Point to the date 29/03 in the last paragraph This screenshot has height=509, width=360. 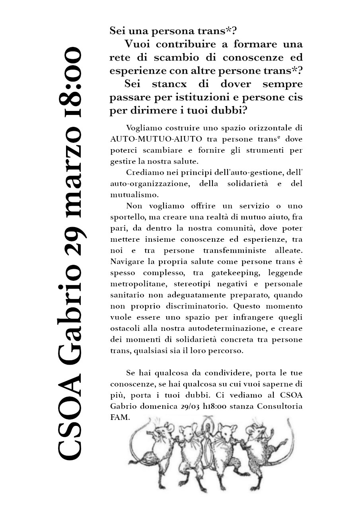tap(189, 406)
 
